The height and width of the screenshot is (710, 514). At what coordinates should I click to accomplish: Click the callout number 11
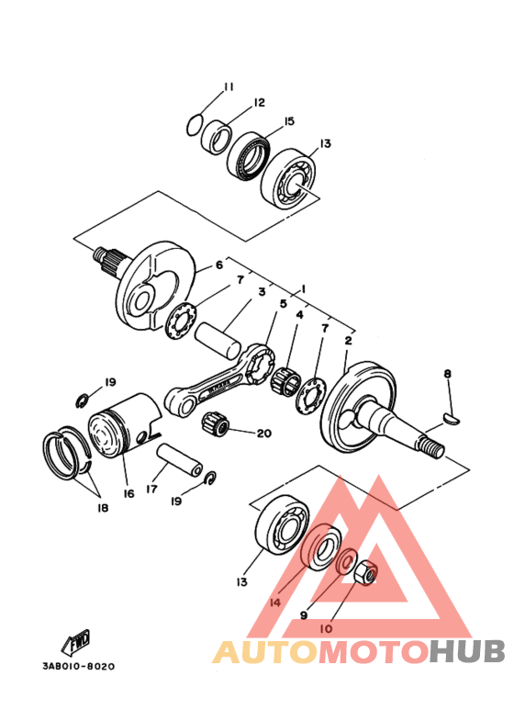click(x=229, y=87)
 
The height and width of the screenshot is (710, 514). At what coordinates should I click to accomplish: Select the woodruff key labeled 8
click(x=451, y=418)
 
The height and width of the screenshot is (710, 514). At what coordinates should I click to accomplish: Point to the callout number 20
click(x=263, y=434)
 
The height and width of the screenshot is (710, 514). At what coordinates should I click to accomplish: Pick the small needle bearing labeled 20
click(x=216, y=423)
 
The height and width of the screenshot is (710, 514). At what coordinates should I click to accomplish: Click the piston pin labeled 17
click(x=180, y=460)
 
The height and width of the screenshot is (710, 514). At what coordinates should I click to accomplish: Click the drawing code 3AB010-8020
click(x=79, y=666)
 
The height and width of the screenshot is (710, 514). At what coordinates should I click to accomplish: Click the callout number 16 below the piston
click(x=128, y=493)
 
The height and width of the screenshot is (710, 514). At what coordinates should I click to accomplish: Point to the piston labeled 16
click(x=125, y=424)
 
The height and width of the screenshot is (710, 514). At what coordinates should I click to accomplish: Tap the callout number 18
click(x=103, y=508)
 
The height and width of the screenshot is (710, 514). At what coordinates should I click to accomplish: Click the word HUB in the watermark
click(x=467, y=651)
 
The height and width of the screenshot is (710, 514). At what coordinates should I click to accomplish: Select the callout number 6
click(x=219, y=265)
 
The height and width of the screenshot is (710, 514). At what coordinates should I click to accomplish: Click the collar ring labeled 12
click(x=217, y=137)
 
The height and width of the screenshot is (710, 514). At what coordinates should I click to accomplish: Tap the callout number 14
click(x=274, y=603)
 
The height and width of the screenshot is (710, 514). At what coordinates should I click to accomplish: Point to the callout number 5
click(x=284, y=303)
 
